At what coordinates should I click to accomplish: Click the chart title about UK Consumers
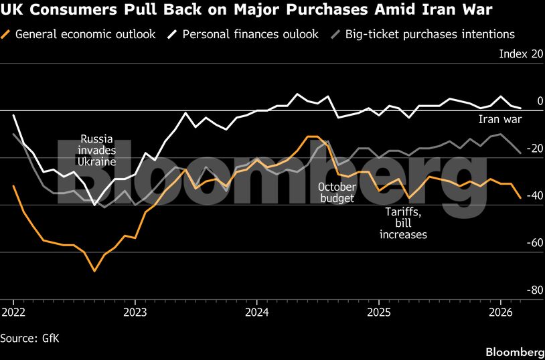click(248, 10)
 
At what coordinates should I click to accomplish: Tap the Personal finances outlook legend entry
click(248, 33)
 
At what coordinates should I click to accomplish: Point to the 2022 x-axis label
click(13, 312)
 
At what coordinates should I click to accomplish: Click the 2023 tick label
click(135, 312)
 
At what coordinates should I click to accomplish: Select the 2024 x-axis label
click(257, 312)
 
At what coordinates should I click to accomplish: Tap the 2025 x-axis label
click(379, 312)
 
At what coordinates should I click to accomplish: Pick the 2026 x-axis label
click(500, 312)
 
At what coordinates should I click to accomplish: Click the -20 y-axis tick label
click(534, 149)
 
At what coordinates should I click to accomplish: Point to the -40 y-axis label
click(534, 195)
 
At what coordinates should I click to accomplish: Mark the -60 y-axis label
click(534, 243)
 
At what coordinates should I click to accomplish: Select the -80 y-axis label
click(534, 290)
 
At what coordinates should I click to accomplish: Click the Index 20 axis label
click(520, 54)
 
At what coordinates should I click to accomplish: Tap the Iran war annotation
click(499, 120)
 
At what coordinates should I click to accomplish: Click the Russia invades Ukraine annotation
click(98, 151)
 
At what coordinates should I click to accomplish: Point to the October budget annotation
click(336, 192)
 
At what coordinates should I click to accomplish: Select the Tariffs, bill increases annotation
click(403, 223)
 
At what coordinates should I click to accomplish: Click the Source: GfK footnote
click(30, 338)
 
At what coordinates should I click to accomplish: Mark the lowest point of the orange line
click(94, 271)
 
